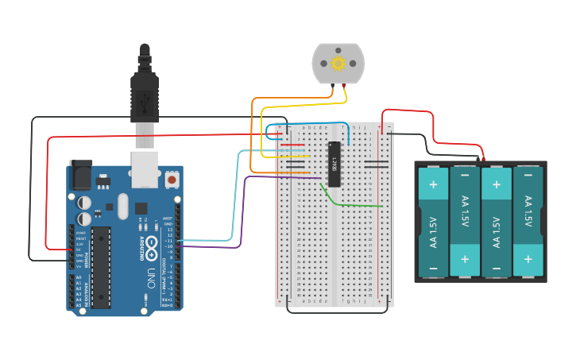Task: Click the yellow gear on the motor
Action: click(338, 64)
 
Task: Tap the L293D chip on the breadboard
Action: click(334, 164)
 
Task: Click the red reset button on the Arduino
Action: click(172, 180)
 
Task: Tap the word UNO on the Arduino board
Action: click(152, 278)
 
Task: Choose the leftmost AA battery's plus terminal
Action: click(433, 187)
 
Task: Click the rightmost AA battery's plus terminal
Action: click(528, 259)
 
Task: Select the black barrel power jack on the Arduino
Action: click(81, 174)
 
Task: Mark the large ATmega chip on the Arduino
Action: click(101, 266)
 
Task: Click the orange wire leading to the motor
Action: click(253, 135)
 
